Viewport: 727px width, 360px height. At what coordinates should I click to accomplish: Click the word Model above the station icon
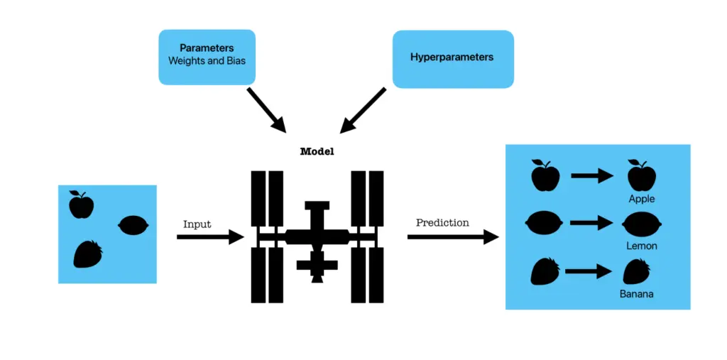[x=317, y=152]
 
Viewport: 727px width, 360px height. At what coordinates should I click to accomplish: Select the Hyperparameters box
[x=452, y=58]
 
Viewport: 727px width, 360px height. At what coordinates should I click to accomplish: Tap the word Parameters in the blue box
[x=207, y=48]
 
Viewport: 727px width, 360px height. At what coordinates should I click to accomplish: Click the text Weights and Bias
[x=207, y=61]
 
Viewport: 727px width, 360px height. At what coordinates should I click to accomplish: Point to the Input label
[x=197, y=224]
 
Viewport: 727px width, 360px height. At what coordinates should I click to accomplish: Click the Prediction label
[x=442, y=223]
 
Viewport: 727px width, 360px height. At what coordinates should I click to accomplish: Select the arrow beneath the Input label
[x=209, y=237]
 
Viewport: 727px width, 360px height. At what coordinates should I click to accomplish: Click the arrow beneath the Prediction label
[x=452, y=237]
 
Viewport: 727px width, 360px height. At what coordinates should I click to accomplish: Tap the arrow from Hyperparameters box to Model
[x=363, y=110]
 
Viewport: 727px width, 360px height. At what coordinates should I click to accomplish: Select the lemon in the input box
[x=132, y=224]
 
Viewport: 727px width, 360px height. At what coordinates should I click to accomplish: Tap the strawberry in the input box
[x=88, y=254]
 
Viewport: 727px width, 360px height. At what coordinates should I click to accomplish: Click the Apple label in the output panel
[x=642, y=200]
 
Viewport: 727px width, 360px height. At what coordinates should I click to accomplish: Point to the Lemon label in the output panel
[x=642, y=246]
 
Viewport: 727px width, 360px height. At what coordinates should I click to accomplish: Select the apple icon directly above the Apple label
[x=642, y=175]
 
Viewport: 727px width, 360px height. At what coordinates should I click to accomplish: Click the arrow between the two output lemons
[x=591, y=223]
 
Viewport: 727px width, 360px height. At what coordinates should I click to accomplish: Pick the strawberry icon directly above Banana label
[x=637, y=271]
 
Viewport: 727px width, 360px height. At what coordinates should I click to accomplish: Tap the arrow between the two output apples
[x=591, y=175]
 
